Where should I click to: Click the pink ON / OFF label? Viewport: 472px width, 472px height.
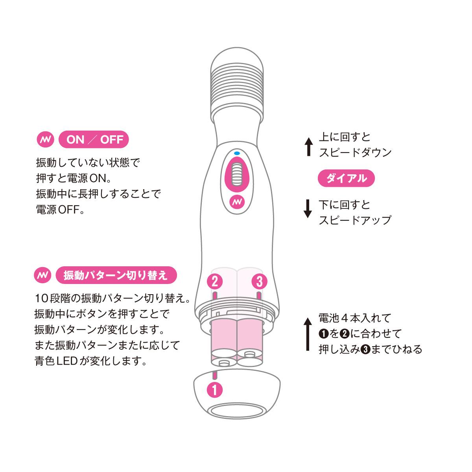(94, 139)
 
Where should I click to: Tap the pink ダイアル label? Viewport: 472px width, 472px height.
(346, 178)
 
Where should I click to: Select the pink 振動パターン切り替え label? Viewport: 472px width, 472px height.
(116, 275)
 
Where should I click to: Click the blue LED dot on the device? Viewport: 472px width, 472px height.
(237, 153)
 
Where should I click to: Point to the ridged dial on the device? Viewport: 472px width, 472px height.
(237, 174)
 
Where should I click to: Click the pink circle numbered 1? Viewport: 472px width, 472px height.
(215, 390)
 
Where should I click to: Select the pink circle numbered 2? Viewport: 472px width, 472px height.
(215, 282)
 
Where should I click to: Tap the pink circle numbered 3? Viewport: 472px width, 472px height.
(259, 282)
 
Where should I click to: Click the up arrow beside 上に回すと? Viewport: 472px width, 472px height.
(309, 147)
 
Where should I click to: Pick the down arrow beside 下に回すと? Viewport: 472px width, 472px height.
(308, 209)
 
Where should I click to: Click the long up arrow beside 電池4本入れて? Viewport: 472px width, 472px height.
(308, 334)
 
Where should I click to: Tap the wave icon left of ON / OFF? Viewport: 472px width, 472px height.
(46, 139)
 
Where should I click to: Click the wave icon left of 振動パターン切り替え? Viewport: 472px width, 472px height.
(42, 275)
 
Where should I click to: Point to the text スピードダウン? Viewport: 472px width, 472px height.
(355, 152)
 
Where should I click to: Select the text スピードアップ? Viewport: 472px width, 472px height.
(355, 220)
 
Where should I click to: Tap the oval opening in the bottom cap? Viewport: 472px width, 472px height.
(237, 412)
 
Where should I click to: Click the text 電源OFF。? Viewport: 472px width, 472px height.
(60, 210)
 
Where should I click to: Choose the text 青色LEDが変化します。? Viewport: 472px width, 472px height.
(90, 361)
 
